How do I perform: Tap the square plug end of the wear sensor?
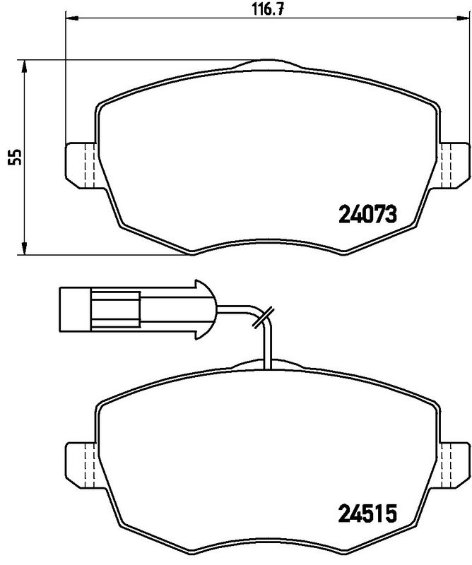click(x=73, y=309)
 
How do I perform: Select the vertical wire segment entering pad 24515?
click(x=266, y=350)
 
